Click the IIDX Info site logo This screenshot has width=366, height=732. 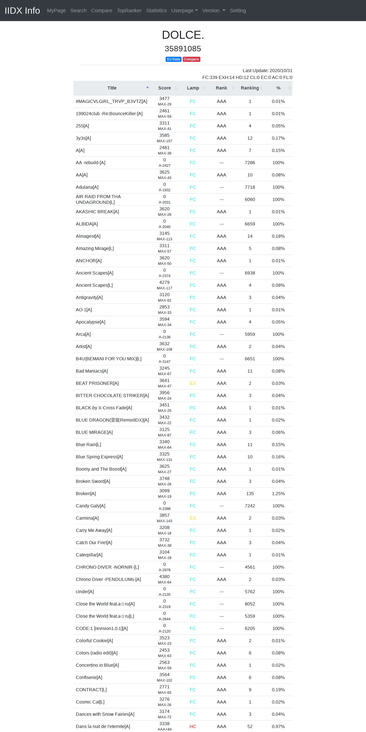coord(22,11)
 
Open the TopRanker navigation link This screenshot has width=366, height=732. coord(129,11)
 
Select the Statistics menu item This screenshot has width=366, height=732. coord(156,11)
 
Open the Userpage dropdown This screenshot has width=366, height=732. coord(184,11)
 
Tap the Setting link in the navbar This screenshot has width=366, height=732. coord(238,11)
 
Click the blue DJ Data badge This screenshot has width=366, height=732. coord(173,59)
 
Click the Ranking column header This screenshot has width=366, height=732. coord(250,88)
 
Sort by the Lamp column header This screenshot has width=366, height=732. coord(193,88)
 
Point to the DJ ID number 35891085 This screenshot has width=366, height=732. coord(183,49)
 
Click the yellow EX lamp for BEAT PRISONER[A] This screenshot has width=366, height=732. coord(193,383)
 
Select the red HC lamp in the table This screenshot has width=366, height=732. coord(193,727)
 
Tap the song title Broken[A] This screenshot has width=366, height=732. coord(86,494)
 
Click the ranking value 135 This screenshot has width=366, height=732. coord(250,494)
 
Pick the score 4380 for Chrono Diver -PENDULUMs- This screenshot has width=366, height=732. coord(164,577)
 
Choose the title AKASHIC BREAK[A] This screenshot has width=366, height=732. coord(97,212)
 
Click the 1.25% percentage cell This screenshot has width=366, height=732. coord(278,494)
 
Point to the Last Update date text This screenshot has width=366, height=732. coord(267,71)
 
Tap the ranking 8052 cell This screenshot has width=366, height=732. coord(250,604)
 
